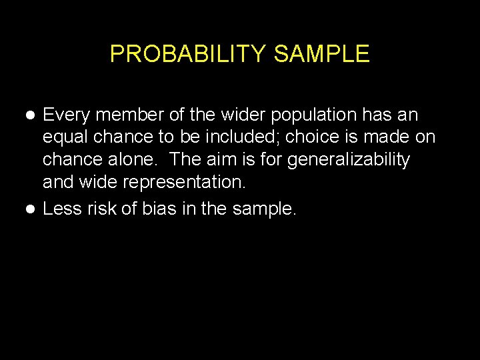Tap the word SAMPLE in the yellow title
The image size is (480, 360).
click(x=321, y=54)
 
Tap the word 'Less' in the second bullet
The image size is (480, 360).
click(x=61, y=209)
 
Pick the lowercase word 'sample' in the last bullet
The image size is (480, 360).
click(x=263, y=209)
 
